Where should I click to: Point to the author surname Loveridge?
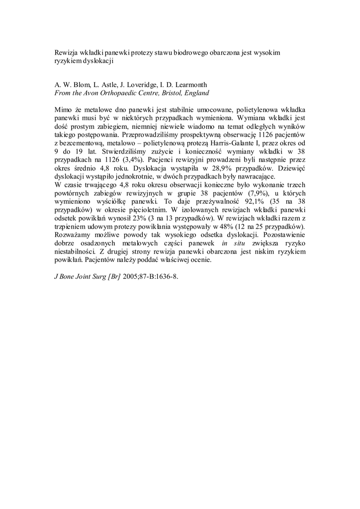click(141, 84)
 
